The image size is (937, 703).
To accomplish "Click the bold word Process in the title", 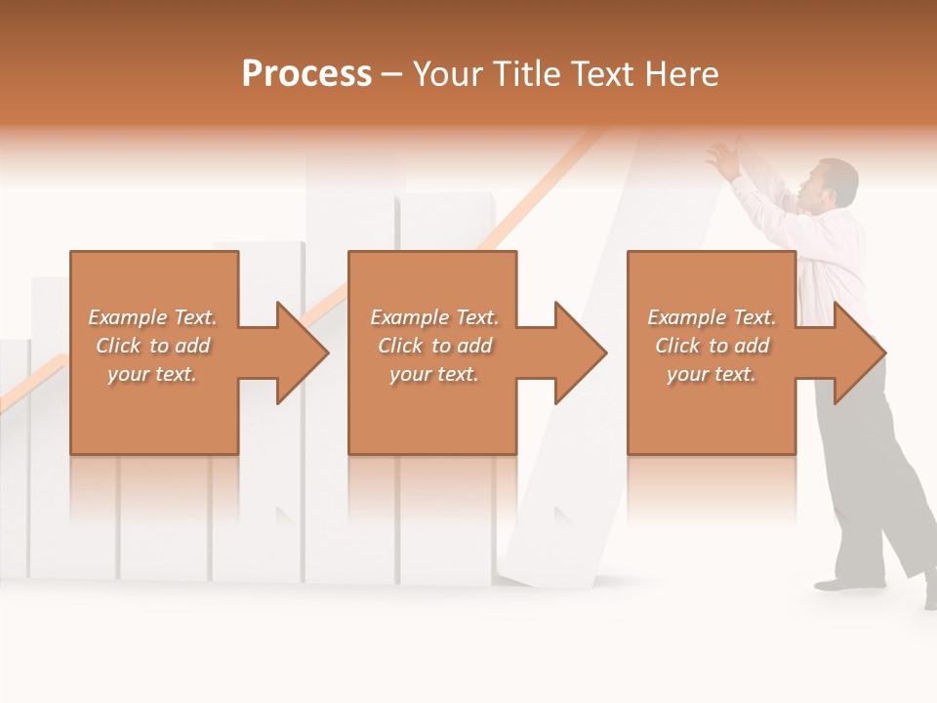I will click(x=306, y=74).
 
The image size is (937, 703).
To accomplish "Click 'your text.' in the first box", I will click(x=153, y=374).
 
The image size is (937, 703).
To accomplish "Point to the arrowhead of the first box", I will click(x=303, y=352).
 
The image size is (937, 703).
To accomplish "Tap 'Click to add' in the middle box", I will click(x=434, y=346).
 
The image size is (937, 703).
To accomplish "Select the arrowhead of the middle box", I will click(x=582, y=352).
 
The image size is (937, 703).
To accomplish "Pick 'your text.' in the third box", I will click(x=712, y=374).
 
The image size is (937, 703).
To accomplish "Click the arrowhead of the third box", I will click(x=861, y=352).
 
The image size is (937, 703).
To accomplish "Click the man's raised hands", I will click(x=723, y=156).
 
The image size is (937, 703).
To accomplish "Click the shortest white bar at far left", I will click(x=13, y=459).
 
